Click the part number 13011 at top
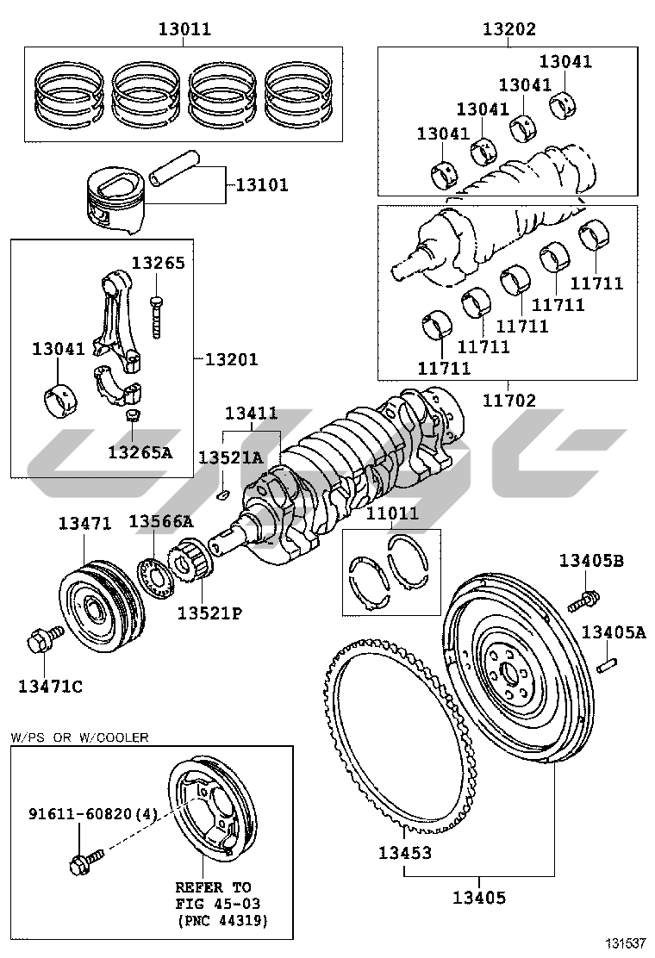click(184, 29)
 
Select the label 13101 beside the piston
click(262, 185)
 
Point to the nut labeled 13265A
click(134, 419)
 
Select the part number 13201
click(231, 359)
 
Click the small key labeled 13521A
click(222, 494)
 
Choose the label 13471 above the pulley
click(84, 523)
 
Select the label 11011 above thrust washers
click(392, 514)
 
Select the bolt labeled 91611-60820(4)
click(86, 858)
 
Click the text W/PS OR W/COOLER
click(79, 737)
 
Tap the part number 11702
click(508, 401)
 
